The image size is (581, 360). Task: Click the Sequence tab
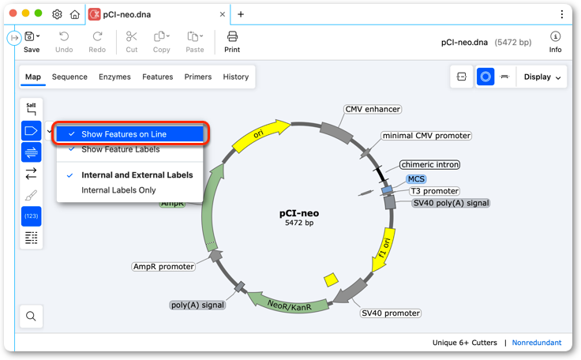tap(69, 77)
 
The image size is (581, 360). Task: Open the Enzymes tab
tap(114, 77)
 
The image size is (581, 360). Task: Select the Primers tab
tap(198, 77)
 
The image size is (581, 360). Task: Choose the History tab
tap(236, 77)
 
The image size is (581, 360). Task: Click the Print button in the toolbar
tap(232, 42)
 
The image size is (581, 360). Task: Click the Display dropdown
tap(542, 77)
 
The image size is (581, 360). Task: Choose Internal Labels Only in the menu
tap(118, 190)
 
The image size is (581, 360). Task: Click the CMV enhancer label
tap(373, 109)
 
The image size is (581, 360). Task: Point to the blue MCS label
tap(416, 179)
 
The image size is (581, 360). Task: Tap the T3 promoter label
tap(435, 191)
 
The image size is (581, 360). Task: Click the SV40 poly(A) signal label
tap(451, 203)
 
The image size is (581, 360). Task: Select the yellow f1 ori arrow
tap(384, 249)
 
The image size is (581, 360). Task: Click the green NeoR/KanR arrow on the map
tap(287, 303)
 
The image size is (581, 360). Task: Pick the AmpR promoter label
tap(163, 267)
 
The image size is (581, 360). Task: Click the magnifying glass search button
tap(31, 316)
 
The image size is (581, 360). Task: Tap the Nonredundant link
tap(537, 343)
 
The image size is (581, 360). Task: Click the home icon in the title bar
tap(75, 14)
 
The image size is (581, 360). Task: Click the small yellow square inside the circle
tap(331, 280)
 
